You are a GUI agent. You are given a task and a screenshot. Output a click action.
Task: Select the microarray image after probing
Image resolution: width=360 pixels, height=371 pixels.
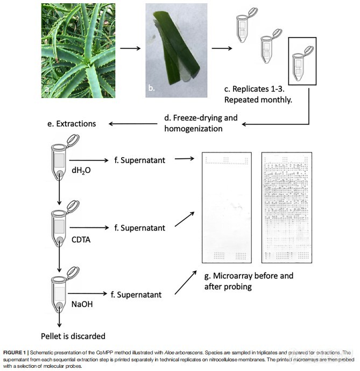coord(288,207)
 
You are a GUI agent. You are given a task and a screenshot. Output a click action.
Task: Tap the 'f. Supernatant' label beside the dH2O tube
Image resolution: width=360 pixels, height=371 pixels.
coord(139,159)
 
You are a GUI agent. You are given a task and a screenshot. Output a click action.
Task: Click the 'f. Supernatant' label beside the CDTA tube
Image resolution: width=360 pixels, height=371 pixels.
coord(139,228)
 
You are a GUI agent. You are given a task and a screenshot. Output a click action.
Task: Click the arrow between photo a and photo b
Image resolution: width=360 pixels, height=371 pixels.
coord(131,49)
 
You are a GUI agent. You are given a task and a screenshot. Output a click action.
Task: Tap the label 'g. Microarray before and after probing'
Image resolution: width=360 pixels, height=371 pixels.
coord(249,281)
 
